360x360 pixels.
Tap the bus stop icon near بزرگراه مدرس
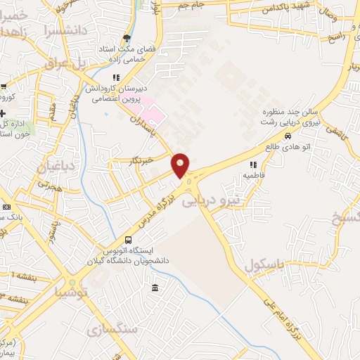(x=127, y=240)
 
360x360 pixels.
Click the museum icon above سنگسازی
(x=155, y=288)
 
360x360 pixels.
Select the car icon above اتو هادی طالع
(x=288, y=136)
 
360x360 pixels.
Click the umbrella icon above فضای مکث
(x=127, y=38)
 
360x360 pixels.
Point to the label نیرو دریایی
(x=211, y=201)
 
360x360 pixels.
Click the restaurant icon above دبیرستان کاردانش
(x=115, y=77)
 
